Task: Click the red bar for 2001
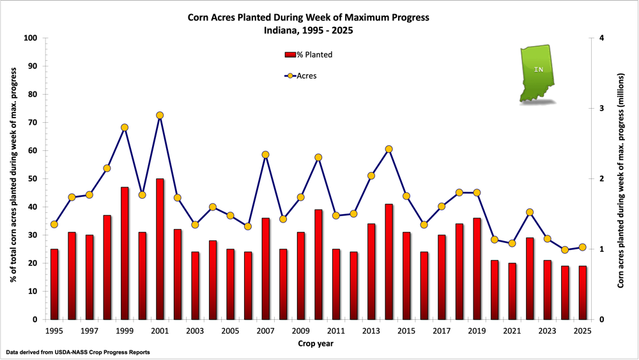pyautogui.click(x=160, y=249)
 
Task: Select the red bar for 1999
pyautogui.click(x=125, y=253)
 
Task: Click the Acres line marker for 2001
pyautogui.click(x=160, y=116)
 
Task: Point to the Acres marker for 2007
pyautogui.click(x=266, y=155)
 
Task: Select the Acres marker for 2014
pyautogui.click(x=389, y=149)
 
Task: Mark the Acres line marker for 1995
pyautogui.click(x=54, y=224)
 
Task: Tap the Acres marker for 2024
pyautogui.click(x=565, y=250)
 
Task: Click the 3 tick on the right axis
pyautogui.click(x=602, y=109)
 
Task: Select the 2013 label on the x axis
pyautogui.click(x=371, y=331)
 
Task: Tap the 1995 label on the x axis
pyautogui.click(x=54, y=331)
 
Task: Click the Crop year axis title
pyautogui.click(x=316, y=344)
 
